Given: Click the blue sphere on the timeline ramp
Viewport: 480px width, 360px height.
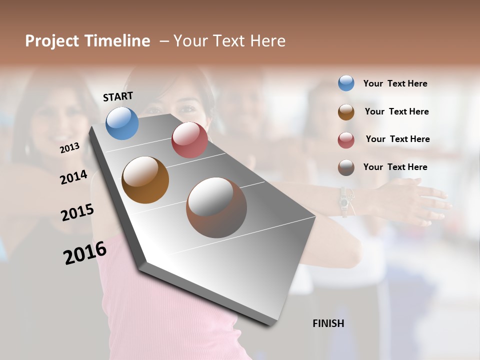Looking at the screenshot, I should pyautogui.click(x=122, y=123).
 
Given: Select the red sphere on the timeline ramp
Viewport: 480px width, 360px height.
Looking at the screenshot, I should pyautogui.click(x=189, y=140).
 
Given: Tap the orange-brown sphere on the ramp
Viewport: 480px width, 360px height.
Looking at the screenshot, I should pyautogui.click(x=145, y=180).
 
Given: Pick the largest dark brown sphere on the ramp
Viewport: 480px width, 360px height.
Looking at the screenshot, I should pyautogui.click(x=216, y=207).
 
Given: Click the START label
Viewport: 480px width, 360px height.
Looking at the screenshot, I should pyautogui.click(x=118, y=96).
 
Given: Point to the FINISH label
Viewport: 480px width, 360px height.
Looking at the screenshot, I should pyautogui.click(x=328, y=323).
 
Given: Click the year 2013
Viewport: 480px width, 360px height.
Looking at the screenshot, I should pyautogui.click(x=70, y=148).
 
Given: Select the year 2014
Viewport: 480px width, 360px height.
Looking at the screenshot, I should pyautogui.click(x=73, y=177).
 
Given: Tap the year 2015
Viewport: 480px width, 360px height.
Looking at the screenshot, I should pyautogui.click(x=77, y=212).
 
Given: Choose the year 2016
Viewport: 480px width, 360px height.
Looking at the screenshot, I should pyautogui.click(x=85, y=252).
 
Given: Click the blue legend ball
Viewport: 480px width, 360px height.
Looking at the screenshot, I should pyautogui.click(x=346, y=83).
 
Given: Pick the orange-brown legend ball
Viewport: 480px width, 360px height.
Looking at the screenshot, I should pyautogui.click(x=346, y=112).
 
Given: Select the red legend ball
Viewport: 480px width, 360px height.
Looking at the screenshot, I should pyautogui.click(x=346, y=140).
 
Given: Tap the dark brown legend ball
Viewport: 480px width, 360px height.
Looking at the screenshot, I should pyautogui.click(x=346, y=167).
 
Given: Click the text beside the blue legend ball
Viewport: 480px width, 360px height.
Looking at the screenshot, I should pyautogui.click(x=395, y=83).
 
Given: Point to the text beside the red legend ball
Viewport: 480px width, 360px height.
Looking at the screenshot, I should pyautogui.click(x=397, y=139).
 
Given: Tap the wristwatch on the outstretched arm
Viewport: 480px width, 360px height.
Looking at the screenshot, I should pyautogui.click(x=344, y=201).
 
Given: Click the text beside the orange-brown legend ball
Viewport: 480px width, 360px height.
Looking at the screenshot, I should pyautogui.click(x=396, y=111).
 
